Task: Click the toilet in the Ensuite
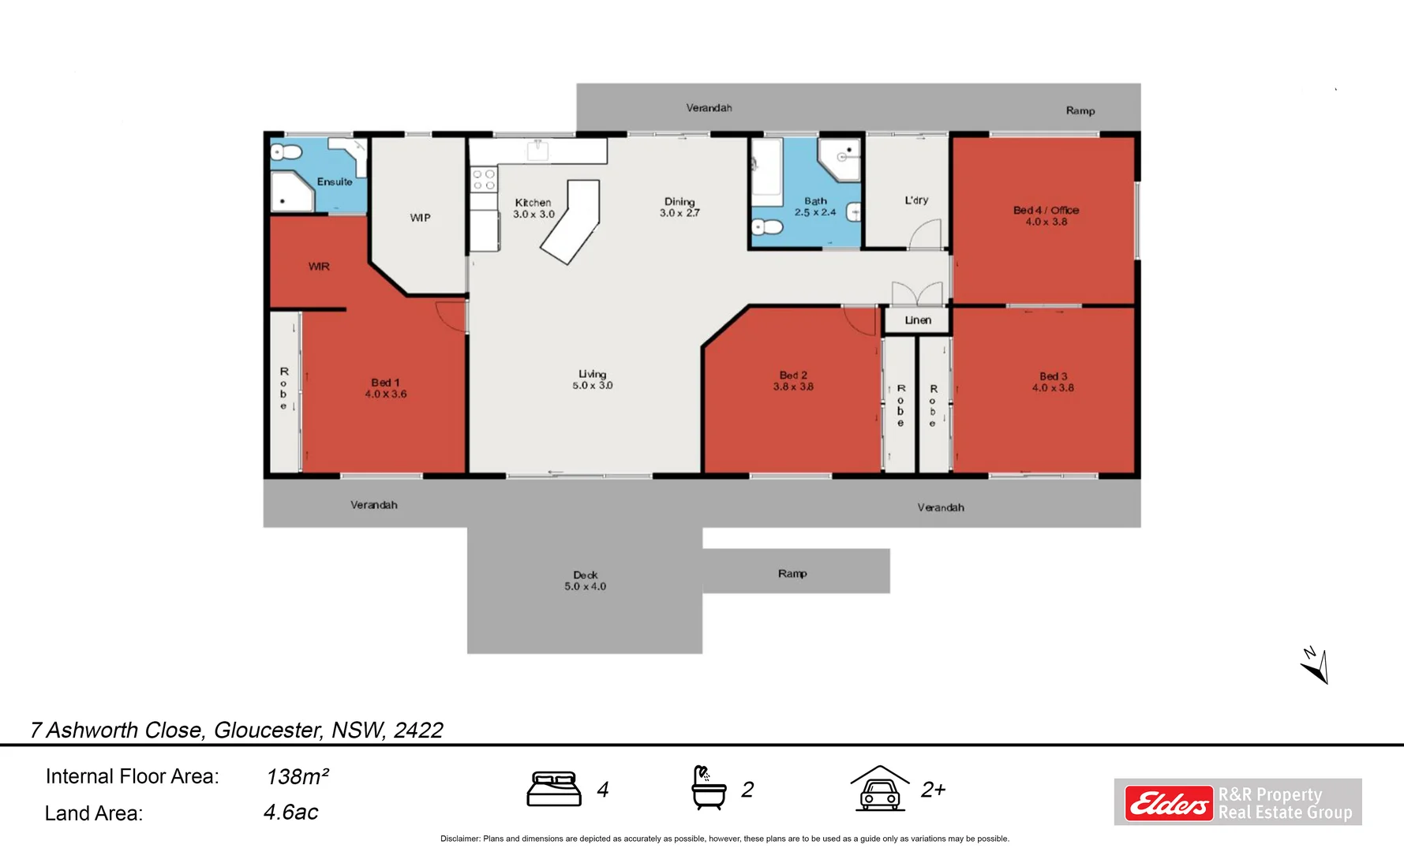[x=286, y=152]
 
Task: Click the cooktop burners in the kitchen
[x=484, y=179]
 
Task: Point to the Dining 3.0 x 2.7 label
[x=680, y=207]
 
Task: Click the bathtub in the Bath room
[x=766, y=168]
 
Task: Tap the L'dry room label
[x=916, y=200]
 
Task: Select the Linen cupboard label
[x=918, y=320]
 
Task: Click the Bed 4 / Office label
[x=1046, y=211]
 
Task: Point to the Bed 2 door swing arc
[x=858, y=320]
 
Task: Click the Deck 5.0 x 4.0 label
[x=586, y=581]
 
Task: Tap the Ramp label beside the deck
[x=792, y=574]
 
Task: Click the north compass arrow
[x=1316, y=666]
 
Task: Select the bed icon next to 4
[x=553, y=789]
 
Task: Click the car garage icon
[x=880, y=788]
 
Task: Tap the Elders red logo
[x=1169, y=804]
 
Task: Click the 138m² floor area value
[x=298, y=777]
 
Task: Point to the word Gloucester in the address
[x=268, y=731]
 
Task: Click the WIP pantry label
[x=420, y=218]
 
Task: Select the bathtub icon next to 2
[x=709, y=788]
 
